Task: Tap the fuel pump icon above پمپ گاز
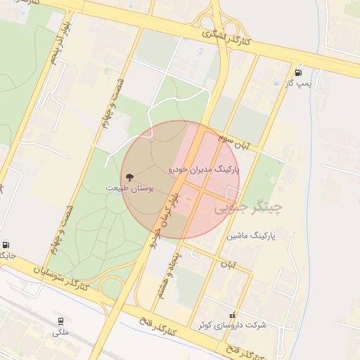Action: tap(300, 72)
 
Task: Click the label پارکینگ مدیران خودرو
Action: tap(204, 170)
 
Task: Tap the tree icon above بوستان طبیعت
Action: tap(129, 177)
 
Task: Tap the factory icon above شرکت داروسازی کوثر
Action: tap(233, 314)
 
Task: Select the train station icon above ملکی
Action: tap(60, 321)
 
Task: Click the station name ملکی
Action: tap(60, 332)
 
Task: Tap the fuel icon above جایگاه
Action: tap(6, 244)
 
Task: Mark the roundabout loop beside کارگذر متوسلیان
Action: tap(110, 287)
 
